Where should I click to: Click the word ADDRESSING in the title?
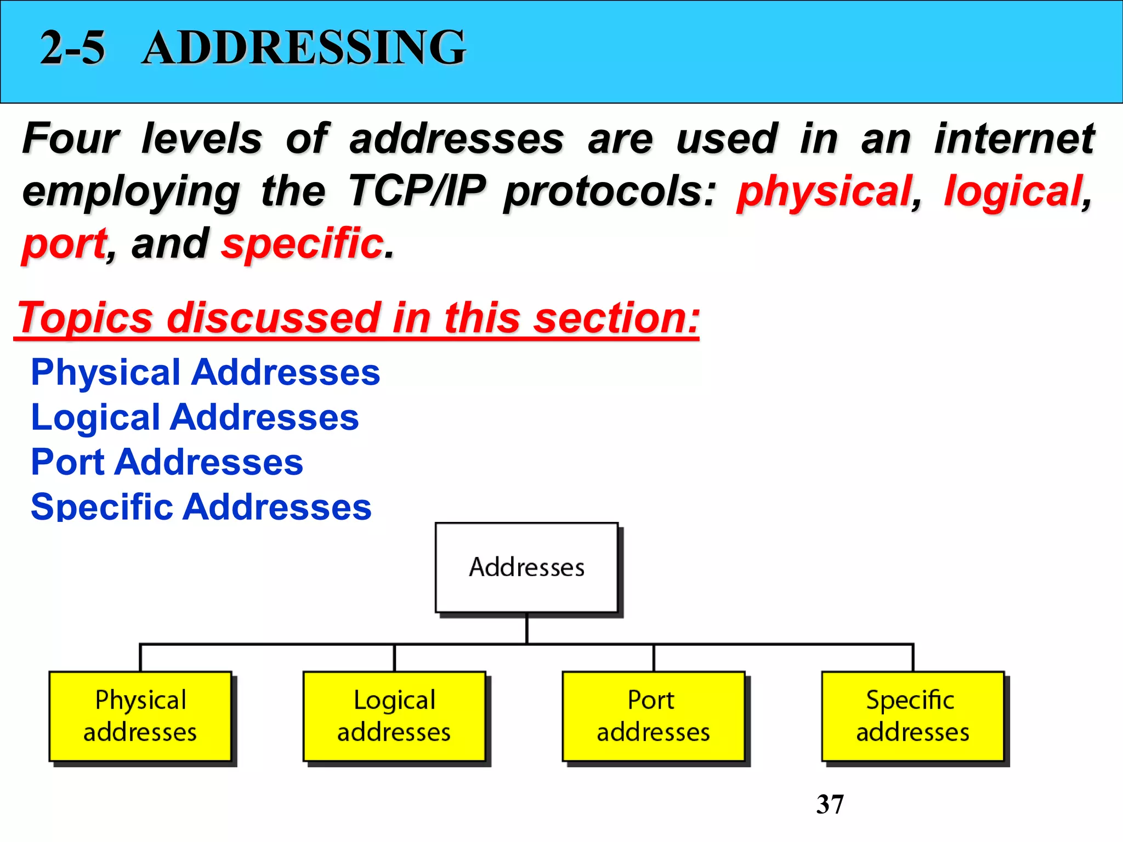click(x=303, y=48)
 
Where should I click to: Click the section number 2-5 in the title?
click(x=72, y=48)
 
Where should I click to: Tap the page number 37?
click(x=830, y=804)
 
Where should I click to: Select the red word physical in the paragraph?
click(x=824, y=192)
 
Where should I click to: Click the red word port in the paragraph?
click(x=65, y=244)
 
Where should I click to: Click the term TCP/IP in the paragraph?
click(x=417, y=191)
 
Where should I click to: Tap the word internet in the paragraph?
click(x=1014, y=139)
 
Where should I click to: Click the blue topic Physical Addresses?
click(x=205, y=372)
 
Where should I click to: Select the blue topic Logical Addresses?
click(x=195, y=417)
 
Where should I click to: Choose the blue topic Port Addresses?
click(x=167, y=462)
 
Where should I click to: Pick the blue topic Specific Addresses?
click(x=201, y=507)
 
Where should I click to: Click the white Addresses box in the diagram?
click(x=526, y=567)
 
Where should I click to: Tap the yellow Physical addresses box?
click(x=140, y=716)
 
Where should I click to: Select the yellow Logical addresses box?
click(x=394, y=716)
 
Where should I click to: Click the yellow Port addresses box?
click(x=653, y=716)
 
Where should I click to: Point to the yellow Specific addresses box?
click(x=912, y=716)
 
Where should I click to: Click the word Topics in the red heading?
click(x=86, y=318)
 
